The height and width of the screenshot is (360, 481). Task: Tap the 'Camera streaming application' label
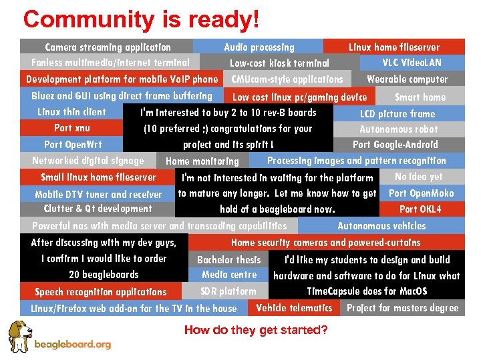click(x=108, y=47)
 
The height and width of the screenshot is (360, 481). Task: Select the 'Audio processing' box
click(x=259, y=47)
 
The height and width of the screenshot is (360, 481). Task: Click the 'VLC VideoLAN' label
click(x=412, y=63)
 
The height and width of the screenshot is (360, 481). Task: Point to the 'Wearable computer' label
click(x=407, y=79)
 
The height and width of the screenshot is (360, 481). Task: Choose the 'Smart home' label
click(x=420, y=97)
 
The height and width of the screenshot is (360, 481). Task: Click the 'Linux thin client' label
click(x=71, y=112)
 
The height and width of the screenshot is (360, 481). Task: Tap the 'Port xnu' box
click(x=72, y=128)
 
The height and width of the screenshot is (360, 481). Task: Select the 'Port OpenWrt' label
click(x=72, y=144)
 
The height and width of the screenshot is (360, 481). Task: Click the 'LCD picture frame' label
click(x=397, y=113)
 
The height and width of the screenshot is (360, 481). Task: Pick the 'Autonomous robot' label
click(x=398, y=129)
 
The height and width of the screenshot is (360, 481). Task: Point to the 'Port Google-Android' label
click(x=395, y=145)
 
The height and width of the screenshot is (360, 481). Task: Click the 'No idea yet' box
click(x=418, y=177)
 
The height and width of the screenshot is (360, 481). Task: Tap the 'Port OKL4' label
click(x=420, y=209)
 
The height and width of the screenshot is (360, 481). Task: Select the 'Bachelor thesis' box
click(x=229, y=259)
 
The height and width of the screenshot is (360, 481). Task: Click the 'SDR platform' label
click(x=228, y=291)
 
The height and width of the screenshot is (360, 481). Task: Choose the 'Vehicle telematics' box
click(x=294, y=308)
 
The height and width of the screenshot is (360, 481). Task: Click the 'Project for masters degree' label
click(x=402, y=308)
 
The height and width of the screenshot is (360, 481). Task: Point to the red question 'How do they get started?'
click(x=256, y=330)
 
